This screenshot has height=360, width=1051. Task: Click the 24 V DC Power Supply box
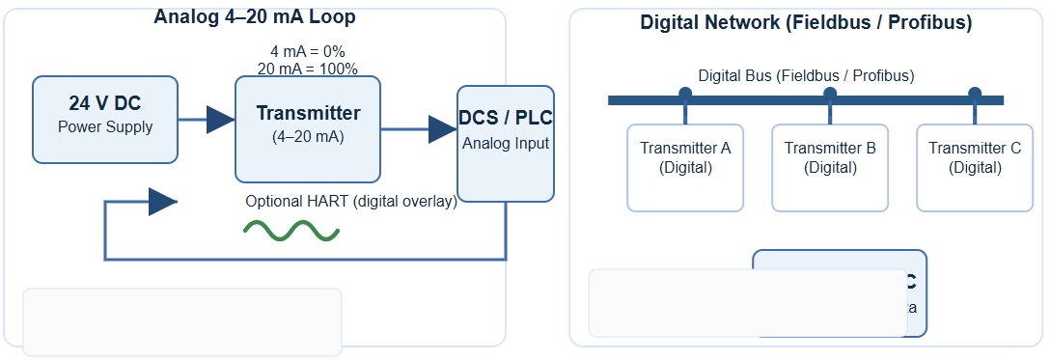(105, 120)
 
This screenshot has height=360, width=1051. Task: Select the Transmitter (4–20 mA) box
(308, 129)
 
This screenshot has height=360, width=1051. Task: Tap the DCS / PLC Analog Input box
(505, 143)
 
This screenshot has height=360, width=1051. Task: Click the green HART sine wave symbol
(290, 230)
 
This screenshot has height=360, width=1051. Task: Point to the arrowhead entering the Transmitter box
(220, 120)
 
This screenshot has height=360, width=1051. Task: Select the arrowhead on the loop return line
(162, 202)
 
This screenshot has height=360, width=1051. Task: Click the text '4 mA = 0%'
(308, 51)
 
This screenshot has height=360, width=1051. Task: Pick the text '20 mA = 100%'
(308, 69)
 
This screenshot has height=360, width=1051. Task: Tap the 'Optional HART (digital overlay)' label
(350, 202)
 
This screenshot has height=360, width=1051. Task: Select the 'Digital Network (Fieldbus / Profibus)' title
(806, 23)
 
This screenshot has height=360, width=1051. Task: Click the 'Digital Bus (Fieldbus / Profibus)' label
(806, 75)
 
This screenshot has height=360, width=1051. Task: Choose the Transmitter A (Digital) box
(685, 167)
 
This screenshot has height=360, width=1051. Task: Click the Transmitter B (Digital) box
(830, 167)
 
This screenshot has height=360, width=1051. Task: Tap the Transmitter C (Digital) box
(975, 167)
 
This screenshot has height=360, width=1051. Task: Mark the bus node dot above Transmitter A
(685, 94)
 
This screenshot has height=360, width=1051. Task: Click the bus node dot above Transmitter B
(830, 94)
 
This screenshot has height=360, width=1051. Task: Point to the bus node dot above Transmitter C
(975, 94)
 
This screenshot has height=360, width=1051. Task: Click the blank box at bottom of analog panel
(182, 321)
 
